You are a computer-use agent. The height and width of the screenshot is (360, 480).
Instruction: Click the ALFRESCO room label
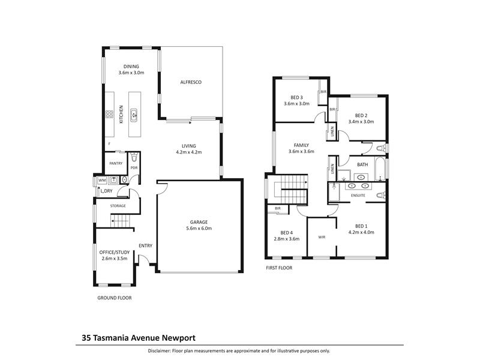click(191, 82)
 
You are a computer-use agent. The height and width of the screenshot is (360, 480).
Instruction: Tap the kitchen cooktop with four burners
click(110, 114)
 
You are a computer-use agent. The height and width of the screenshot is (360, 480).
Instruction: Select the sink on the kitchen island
click(134, 115)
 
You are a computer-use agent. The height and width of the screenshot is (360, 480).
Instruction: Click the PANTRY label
click(116, 163)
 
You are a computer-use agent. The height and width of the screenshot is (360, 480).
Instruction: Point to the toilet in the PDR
click(134, 158)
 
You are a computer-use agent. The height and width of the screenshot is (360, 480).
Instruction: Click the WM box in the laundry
click(102, 181)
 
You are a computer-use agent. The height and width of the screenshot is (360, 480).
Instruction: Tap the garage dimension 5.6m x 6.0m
click(199, 229)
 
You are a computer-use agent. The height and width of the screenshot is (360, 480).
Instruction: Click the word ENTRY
click(145, 245)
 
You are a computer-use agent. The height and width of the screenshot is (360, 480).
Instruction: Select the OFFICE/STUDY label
click(115, 252)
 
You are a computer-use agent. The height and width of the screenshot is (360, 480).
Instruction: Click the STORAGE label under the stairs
click(118, 206)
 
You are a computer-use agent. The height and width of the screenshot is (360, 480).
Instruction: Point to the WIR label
click(322, 237)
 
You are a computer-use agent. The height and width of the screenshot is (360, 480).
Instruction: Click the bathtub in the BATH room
click(380, 169)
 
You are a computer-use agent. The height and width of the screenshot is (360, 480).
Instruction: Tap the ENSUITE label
click(358, 196)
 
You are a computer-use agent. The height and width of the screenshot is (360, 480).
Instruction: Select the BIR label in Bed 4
click(278, 208)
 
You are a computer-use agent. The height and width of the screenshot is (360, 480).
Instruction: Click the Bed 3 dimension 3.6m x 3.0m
click(296, 104)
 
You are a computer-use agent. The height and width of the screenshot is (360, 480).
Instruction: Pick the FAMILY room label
click(301, 145)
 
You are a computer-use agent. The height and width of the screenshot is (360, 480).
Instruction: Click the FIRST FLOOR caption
click(279, 268)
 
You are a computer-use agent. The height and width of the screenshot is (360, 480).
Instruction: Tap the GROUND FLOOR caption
click(115, 298)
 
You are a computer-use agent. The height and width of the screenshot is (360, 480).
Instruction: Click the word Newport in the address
click(178, 338)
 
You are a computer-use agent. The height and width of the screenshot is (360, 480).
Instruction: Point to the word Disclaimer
click(159, 351)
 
